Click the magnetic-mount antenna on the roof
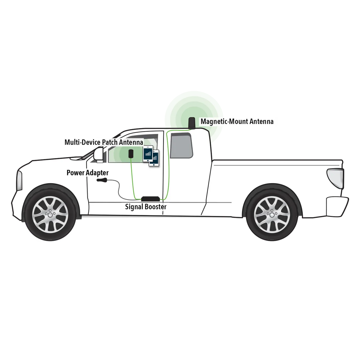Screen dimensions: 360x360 tap(192, 123)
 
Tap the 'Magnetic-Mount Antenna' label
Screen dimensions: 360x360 tap(237, 121)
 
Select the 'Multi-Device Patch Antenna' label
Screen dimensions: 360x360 tap(104, 142)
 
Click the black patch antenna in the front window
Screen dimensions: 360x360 tap(131, 154)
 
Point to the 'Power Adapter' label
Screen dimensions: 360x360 tap(88, 173)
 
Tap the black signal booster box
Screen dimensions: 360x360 tap(150, 199)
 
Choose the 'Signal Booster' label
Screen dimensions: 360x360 tap(146, 207)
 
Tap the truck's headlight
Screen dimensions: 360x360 tap(19, 181)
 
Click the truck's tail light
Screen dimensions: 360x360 tap(335, 178)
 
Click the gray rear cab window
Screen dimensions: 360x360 tap(181, 145)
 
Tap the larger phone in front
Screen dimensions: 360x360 tap(148, 154)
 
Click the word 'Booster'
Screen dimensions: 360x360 tap(156, 207)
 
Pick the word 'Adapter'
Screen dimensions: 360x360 tap(98, 173)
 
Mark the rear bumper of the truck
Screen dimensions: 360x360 tap(337, 206)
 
